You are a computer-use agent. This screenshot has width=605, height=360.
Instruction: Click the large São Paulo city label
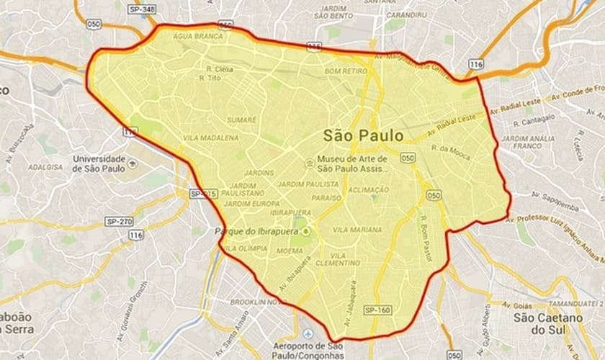363,135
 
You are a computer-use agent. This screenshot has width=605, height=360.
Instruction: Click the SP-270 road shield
119,221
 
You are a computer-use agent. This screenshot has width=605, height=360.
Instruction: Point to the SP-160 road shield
377,310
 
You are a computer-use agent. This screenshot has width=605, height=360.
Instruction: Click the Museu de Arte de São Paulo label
352,163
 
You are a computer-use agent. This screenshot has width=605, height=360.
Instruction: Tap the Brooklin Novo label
258,302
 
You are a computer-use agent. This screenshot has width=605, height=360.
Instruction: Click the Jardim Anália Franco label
527,143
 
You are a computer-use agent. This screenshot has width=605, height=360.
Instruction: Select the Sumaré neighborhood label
241,120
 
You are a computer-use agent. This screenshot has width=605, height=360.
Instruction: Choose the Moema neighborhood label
290,251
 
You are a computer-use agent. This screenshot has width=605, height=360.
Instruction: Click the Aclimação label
368,189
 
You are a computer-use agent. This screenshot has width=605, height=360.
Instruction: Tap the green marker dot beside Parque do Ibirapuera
307,231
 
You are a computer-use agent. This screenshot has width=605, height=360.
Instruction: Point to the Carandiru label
405,14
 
